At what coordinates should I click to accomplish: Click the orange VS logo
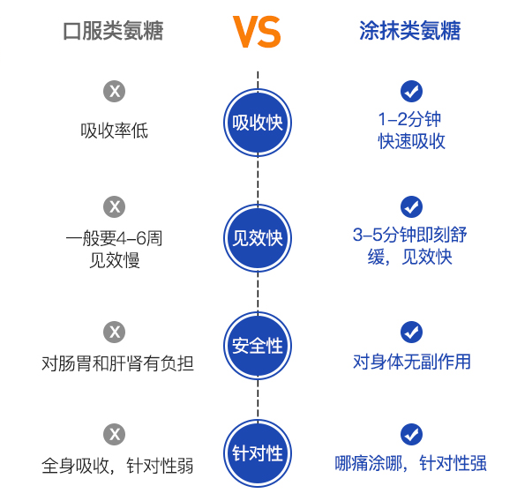tap(257, 32)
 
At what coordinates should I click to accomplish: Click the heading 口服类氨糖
tap(113, 31)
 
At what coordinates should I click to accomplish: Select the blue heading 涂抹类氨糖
tap(410, 31)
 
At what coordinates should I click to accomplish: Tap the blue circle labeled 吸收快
tap(258, 123)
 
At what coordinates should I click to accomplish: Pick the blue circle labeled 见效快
tap(258, 238)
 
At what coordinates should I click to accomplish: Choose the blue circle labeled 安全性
tap(258, 346)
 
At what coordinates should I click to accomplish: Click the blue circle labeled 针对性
tap(258, 453)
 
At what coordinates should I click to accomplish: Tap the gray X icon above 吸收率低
tap(115, 91)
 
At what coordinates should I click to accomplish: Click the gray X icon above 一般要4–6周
tap(115, 206)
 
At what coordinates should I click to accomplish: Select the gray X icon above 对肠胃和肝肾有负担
tap(115, 332)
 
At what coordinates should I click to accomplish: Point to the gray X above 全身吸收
tap(115, 434)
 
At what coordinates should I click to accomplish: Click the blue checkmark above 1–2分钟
tap(411, 91)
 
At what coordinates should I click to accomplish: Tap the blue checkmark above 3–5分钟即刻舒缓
tap(411, 206)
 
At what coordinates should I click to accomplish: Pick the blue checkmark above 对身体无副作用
tap(411, 332)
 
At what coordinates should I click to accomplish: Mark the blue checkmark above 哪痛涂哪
tap(411, 434)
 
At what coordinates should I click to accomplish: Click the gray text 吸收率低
tap(115, 131)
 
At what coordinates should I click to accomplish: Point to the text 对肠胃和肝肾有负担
tap(117, 363)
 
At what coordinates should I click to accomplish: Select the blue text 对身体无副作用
tap(411, 362)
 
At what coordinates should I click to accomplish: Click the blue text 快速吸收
tap(411, 142)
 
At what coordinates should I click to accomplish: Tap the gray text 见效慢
tap(115, 260)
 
